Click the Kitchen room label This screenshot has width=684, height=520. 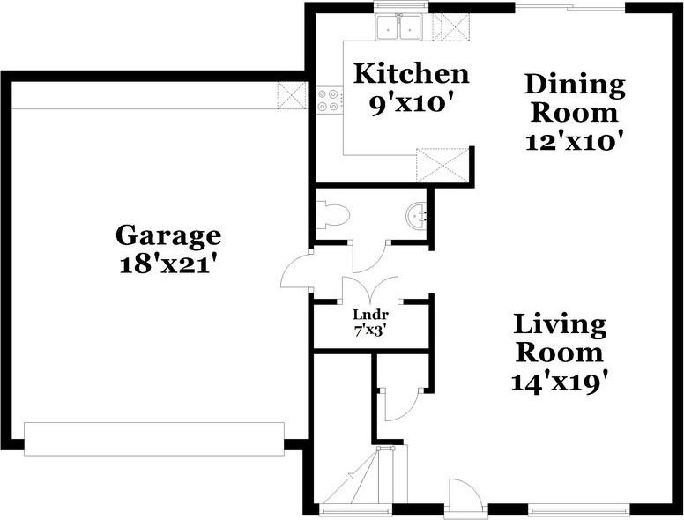pyautogui.click(x=411, y=73)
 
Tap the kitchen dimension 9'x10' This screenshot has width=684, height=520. pyautogui.click(x=411, y=103)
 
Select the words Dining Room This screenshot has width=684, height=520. pyautogui.click(x=575, y=99)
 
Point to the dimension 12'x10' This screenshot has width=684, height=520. pyautogui.click(x=575, y=139)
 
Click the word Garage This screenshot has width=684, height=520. pyautogui.click(x=168, y=235)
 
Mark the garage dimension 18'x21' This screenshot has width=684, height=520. pyautogui.click(x=168, y=264)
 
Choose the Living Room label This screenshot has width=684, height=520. pyautogui.click(x=561, y=338)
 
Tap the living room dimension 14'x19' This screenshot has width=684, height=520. pyautogui.click(x=561, y=382)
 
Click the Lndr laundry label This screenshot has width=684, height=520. pyautogui.click(x=371, y=315)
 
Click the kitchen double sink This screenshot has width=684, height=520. pyautogui.click(x=400, y=26)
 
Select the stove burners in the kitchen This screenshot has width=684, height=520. pyautogui.click(x=328, y=100)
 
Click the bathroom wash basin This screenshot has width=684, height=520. pyautogui.click(x=417, y=214)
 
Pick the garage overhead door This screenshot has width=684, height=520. pyautogui.click(x=154, y=438)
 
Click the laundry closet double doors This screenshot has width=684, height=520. pyautogui.click(x=370, y=290)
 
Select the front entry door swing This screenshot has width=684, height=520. pyautogui.click(x=464, y=494)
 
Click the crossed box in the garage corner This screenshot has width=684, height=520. pyautogui.click(x=290, y=95)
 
